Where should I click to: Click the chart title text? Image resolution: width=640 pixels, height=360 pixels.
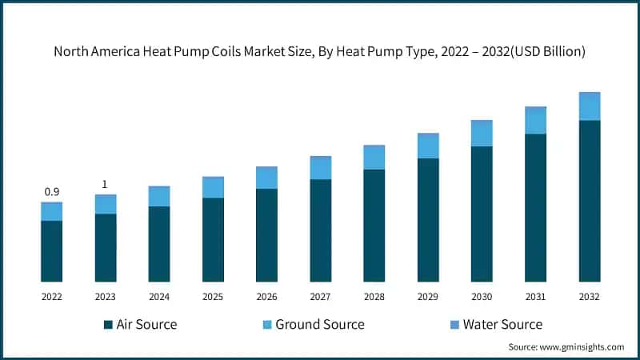click(x=320, y=52)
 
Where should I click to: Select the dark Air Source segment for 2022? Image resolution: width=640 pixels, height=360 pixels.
click(x=52, y=251)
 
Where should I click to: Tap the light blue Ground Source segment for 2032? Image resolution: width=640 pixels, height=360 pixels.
click(x=590, y=106)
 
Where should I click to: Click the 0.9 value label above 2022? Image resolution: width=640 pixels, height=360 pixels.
click(x=52, y=191)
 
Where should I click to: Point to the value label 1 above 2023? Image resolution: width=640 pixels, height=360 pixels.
click(x=105, y=185)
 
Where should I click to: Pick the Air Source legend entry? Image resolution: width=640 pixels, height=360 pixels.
click(x=140, y=324)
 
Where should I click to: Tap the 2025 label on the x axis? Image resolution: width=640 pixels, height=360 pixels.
click(x=213, y=297)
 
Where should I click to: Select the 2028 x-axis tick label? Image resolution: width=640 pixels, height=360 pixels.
click(x=374, y=297)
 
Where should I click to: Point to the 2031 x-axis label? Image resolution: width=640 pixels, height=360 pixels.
click(x=536, y=297)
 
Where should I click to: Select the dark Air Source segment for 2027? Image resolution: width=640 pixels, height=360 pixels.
click(x=321, y=230)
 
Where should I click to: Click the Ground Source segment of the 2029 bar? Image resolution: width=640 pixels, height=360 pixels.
click(x=428, y=146)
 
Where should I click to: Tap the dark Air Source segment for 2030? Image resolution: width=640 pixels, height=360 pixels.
click(x=482, y=214)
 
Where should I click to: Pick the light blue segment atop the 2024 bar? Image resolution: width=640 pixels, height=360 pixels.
click(x=159, y=196)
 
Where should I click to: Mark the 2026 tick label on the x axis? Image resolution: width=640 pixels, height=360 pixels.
click(x=266, y=297)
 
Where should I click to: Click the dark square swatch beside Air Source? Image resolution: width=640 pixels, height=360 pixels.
click(x=108, y=325)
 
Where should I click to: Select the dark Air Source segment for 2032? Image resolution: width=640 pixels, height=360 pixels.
click(x=590, y=201)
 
